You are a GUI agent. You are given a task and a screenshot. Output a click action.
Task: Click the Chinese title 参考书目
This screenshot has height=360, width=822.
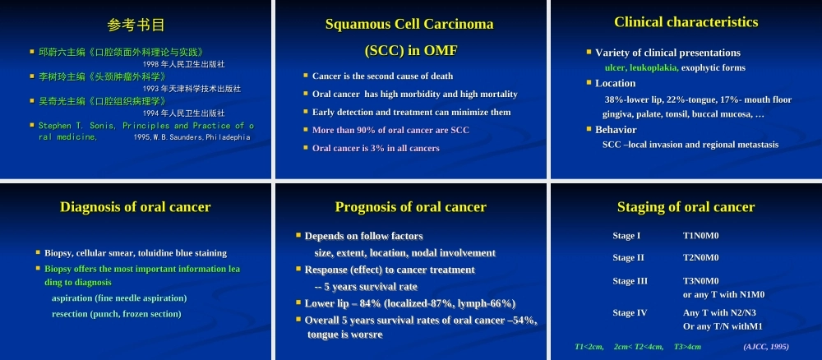[x=136, y=25]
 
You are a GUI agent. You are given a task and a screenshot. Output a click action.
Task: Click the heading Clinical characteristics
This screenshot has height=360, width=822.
[x=686, y=22]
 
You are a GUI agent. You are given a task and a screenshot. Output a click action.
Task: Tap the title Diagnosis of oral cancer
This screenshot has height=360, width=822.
[x=136, y=207]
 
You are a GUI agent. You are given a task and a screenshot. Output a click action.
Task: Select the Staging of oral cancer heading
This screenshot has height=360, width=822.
[x=686, y=207]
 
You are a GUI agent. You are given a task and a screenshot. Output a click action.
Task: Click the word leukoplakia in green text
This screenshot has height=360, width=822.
[x=654, y=67]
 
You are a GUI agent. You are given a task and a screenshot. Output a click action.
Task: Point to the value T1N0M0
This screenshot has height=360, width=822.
[x=700, y=236]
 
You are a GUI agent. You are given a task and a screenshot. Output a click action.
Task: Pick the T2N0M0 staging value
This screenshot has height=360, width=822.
[x=700, y=258]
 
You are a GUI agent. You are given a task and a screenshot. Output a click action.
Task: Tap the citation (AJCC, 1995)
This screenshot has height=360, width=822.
[x=766, y=347]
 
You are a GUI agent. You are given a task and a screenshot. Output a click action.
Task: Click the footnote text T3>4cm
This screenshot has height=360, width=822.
[x=687, y=347]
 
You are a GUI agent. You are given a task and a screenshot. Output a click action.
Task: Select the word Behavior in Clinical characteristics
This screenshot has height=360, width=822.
[x=616, y=129]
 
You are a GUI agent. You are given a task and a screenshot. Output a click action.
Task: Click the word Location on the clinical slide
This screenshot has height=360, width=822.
[x=615, y=83]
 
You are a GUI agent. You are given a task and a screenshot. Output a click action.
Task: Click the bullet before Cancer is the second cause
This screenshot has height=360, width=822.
[x=306, y=76]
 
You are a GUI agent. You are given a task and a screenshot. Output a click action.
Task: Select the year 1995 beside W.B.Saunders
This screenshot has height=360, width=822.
[x=141, y=137]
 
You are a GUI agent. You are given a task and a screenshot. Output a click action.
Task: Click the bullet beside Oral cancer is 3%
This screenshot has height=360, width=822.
[x=306, y=148]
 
